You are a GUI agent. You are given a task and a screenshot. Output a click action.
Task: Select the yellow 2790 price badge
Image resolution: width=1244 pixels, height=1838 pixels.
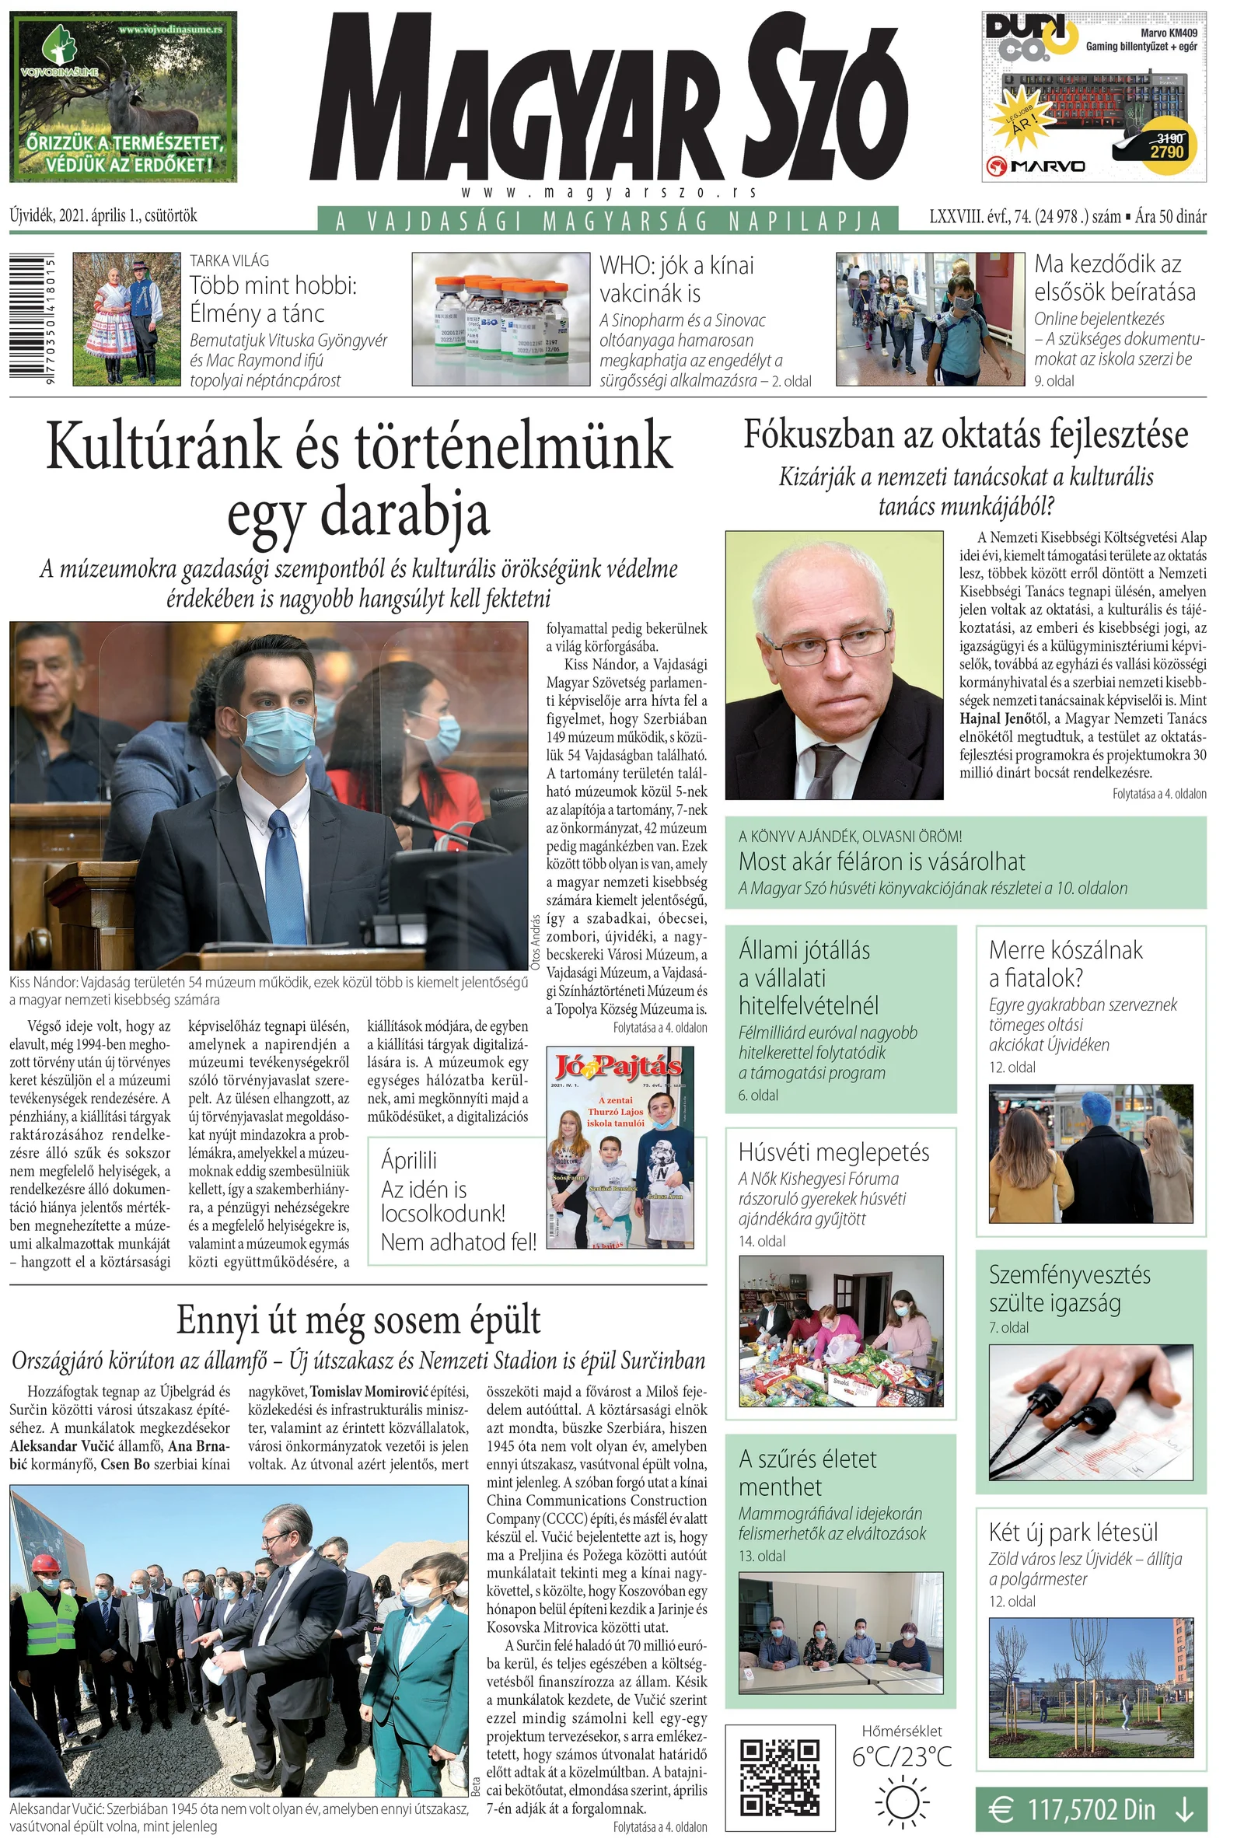[1166, 146]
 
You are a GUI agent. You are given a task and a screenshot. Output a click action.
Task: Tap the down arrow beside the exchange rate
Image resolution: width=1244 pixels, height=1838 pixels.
[1184, 1808]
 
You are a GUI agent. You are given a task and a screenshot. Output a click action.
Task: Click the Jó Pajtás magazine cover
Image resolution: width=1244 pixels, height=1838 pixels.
[620, 1147]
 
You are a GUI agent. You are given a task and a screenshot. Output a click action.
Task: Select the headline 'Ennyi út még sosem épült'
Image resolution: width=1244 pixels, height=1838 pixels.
[358, 1320]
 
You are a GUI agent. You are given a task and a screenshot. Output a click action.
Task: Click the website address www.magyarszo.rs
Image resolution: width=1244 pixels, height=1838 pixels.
[609, 192]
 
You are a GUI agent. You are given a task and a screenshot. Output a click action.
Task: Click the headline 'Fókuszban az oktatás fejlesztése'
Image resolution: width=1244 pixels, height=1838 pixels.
[965, 434]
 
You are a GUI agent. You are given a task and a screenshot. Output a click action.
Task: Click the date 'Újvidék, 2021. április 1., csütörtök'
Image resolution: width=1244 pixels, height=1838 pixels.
[103, 215]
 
